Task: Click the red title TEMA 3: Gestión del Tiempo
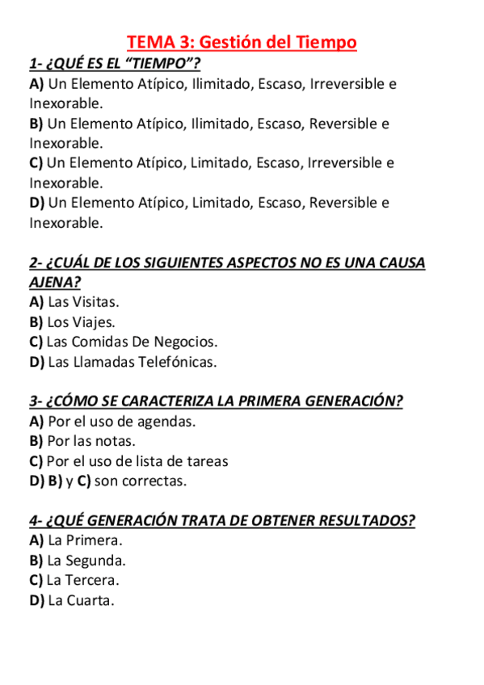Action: click(x=242, y=42)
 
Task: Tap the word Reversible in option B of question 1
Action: click(x=343, y=124)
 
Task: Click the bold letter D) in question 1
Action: click(x=37, y=203)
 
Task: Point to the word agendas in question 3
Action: click(x=166, y=422)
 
